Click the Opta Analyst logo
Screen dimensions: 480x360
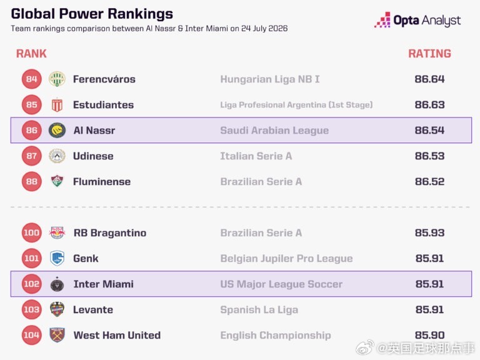[x=417, y=20]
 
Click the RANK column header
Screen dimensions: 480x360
[x=31, y=54]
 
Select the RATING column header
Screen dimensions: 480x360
[x=429, y=54]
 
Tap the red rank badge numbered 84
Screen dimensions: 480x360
[x=31, y=79]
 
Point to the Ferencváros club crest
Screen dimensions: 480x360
[x=57, y=79]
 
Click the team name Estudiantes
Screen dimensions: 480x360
[x=103, y=105]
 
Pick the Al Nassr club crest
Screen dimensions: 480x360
[x=57, y=131]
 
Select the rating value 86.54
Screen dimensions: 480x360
[x=429, y=130]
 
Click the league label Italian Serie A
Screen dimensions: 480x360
[x=256, y=156]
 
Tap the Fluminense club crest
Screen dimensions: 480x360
[x=57, y=181]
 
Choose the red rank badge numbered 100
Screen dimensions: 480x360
[x=31, y=232]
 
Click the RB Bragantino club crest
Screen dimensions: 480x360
[x=57, y=232]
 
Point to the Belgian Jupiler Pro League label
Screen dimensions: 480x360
[x=286, y=258]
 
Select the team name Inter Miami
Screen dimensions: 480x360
[x=104, y=284]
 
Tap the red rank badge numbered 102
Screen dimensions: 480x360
[x=31, y=284]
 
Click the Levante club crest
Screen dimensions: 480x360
[x=57, y=309]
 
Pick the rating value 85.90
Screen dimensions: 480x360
[x=429, y=335]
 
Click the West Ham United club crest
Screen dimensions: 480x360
[x=57, y=335]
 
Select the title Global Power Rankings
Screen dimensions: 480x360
[x=92, y=14]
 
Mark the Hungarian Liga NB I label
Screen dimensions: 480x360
[x=270, y=79]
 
